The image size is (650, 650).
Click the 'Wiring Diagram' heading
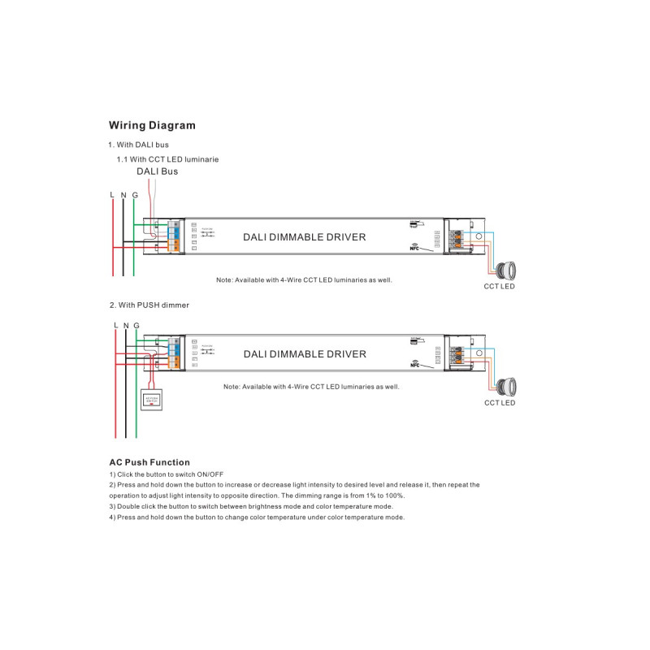(x=152, y=126)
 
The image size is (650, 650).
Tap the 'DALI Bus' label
(x=157, y=171)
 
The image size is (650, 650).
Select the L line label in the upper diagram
(x=111, y=196)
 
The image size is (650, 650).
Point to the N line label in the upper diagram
(x=123, y=196)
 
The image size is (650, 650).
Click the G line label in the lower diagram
(x=136, y=325)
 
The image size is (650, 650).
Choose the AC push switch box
(x=151, y=399)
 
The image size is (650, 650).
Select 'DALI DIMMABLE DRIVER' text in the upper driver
(x=305, y=237)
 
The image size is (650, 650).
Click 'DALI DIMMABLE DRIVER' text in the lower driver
(x=305, y=354)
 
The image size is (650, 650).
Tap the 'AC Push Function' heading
(x=149, y=462)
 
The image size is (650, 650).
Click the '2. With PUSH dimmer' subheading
(x=149, y=305)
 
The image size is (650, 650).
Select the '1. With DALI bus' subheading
(x=139, y=145)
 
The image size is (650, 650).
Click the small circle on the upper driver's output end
(x=479, y=236)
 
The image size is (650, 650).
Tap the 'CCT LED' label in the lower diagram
(x=500, y=403)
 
